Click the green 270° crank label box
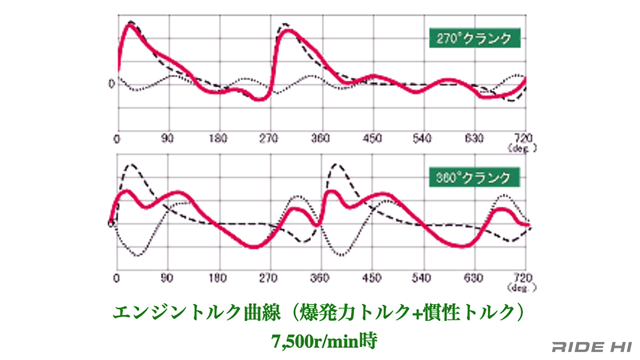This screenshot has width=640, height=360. click(x=474, y=38)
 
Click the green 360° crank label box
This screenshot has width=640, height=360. click(x=474, y=177)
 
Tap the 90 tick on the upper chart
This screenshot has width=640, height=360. click(x=167, y=138)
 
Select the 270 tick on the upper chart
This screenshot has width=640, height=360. click(x=268, y=138)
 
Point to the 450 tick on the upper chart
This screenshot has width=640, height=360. click(x=372, y=138)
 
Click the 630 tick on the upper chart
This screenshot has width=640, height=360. click(x=474, y=138)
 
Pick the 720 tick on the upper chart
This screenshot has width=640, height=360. click(x=523, y=138)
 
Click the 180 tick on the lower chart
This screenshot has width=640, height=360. click(x=218, y=278)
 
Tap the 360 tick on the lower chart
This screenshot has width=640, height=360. click(x=320, y=278)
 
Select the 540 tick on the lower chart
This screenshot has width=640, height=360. click(x=422, y=278)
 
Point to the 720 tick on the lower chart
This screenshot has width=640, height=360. click(x=523, y=277)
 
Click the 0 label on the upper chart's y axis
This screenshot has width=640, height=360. click(x=112, y=84)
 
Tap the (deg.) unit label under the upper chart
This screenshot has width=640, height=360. click(x=522, y=148)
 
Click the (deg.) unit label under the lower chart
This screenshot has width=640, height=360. click(x=522, y=287)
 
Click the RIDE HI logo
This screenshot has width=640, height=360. click(x=592, y=347)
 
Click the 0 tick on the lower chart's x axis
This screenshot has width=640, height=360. click(x=116, y=278)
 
